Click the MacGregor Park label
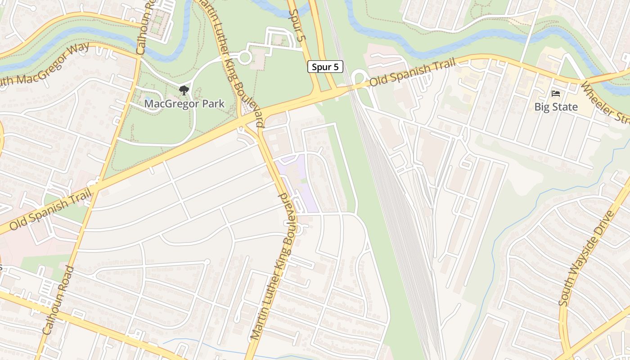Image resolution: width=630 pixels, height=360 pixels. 184,104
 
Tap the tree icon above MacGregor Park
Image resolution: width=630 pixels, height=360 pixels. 184,90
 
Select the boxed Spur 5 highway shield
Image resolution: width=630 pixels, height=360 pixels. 325,67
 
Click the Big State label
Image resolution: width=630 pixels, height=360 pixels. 556,107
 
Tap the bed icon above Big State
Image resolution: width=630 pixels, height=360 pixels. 556,94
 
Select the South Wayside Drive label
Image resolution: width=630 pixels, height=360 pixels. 586,258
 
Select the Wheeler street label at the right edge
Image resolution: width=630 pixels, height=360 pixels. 605,103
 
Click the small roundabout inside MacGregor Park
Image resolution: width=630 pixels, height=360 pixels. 244,57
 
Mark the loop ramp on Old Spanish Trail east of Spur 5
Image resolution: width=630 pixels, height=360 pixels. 360,77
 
